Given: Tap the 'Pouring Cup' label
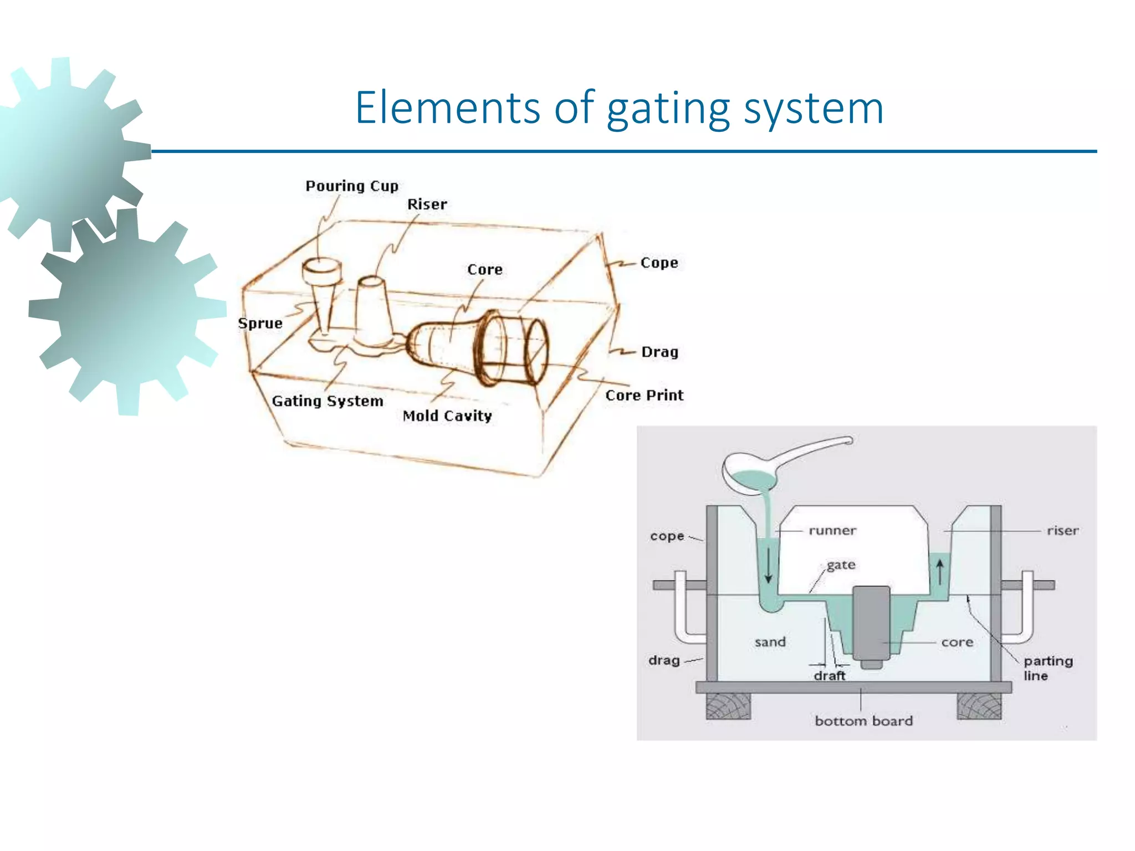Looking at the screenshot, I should click(x=352, y=186).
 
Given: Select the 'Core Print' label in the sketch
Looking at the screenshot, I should click(x=644, y=396).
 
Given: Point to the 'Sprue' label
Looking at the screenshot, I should click(x=260, y=324).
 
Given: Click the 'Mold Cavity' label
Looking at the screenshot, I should click(x=447, y=416).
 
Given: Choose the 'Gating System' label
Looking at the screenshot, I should click(x=328, y=401).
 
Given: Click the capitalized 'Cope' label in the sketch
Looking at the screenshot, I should click(x=659, y=263).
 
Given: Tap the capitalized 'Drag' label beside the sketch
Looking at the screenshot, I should click(x=659, y=352).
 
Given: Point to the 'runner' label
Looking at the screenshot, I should click(x=832, y=531).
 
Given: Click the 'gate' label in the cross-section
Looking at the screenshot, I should click(x=841, y=565).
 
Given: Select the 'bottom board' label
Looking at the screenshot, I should click(x=863, y=721).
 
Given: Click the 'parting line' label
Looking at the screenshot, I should click(x=1047, y=668).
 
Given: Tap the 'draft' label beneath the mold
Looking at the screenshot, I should click(x=830, y=676).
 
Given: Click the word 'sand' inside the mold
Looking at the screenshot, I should click(x=770, y=642).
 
